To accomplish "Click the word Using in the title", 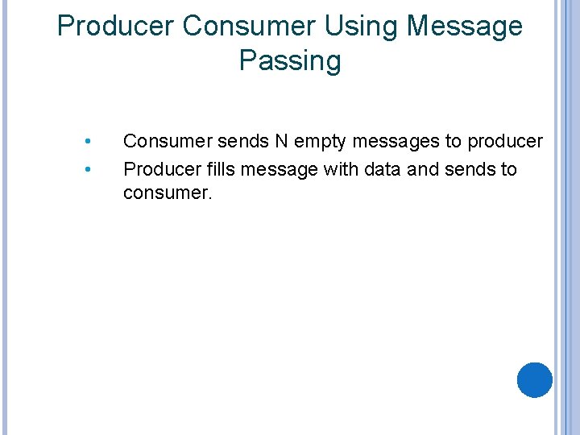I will coord(362,26).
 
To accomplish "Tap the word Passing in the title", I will coord(290,61).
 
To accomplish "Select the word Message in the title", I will coord(465,26).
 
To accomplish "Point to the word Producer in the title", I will coord(117,26).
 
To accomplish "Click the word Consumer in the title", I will coord(251,26).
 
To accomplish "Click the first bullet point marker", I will coord(88,143).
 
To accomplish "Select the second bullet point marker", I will coord(88,170).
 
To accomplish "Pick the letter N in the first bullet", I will coord(280,142).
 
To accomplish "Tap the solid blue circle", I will coord(534,380).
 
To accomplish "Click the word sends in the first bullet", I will coord(242,142).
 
